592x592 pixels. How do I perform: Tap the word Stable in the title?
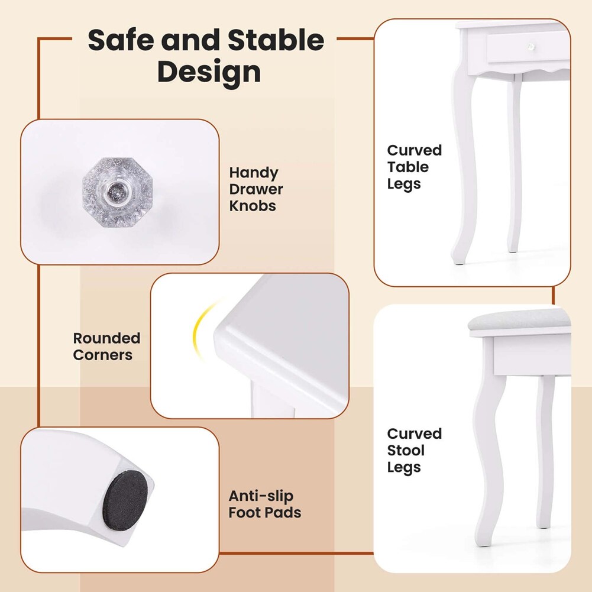(x=276, y=40)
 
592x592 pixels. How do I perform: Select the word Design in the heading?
(x=209, y=72)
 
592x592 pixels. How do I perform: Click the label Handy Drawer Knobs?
(x=256, y=189)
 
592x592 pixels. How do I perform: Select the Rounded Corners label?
(x=106, y=347)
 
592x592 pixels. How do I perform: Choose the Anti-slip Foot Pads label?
(x=265, y=504)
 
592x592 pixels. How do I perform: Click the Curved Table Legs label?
(x=414, y=167)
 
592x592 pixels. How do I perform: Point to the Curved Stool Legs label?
(x=414, y=451)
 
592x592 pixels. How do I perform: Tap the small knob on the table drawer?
(x=530, y=47)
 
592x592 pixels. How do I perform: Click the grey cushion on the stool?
(x=519, y=319)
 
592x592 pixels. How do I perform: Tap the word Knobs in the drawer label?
(x=252, y=206)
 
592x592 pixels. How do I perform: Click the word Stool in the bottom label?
(x=406, y=451)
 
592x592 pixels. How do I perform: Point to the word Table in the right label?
(x=407, y=167)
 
